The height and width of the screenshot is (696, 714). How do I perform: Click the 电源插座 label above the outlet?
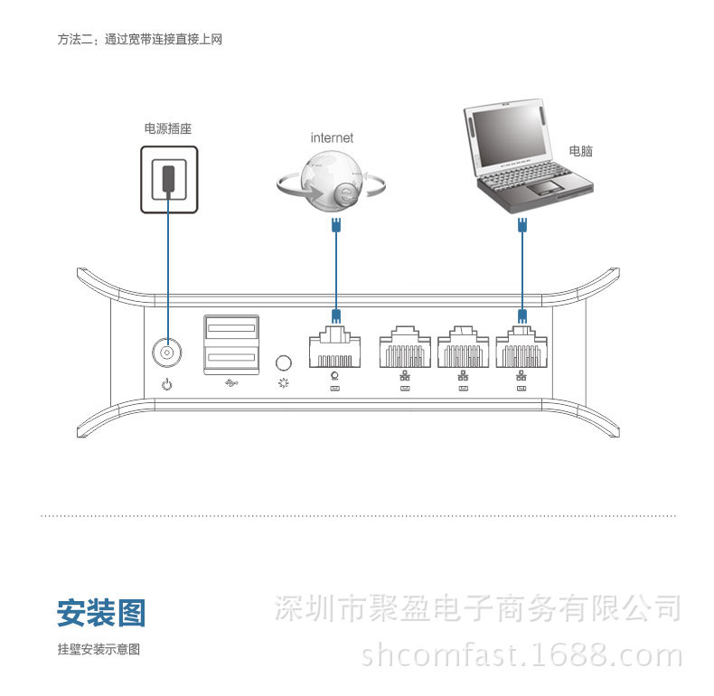click(x=167, y=129)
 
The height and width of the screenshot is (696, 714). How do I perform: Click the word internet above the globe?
click(x=332, y=138)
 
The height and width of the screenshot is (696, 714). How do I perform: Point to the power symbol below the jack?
click(x=166, y=386)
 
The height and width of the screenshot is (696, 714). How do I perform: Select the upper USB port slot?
click(x=231, y=326)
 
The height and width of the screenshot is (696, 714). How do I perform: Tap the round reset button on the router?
click(x=284, y=362)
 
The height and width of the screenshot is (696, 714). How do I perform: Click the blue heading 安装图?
click(x=100, y=613)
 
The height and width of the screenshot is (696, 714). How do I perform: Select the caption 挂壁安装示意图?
click(x=99, y=649)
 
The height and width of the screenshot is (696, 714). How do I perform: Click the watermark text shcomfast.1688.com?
click(x=521, y=654)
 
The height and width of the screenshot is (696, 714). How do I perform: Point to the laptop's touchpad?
click(x=544, y=188)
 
